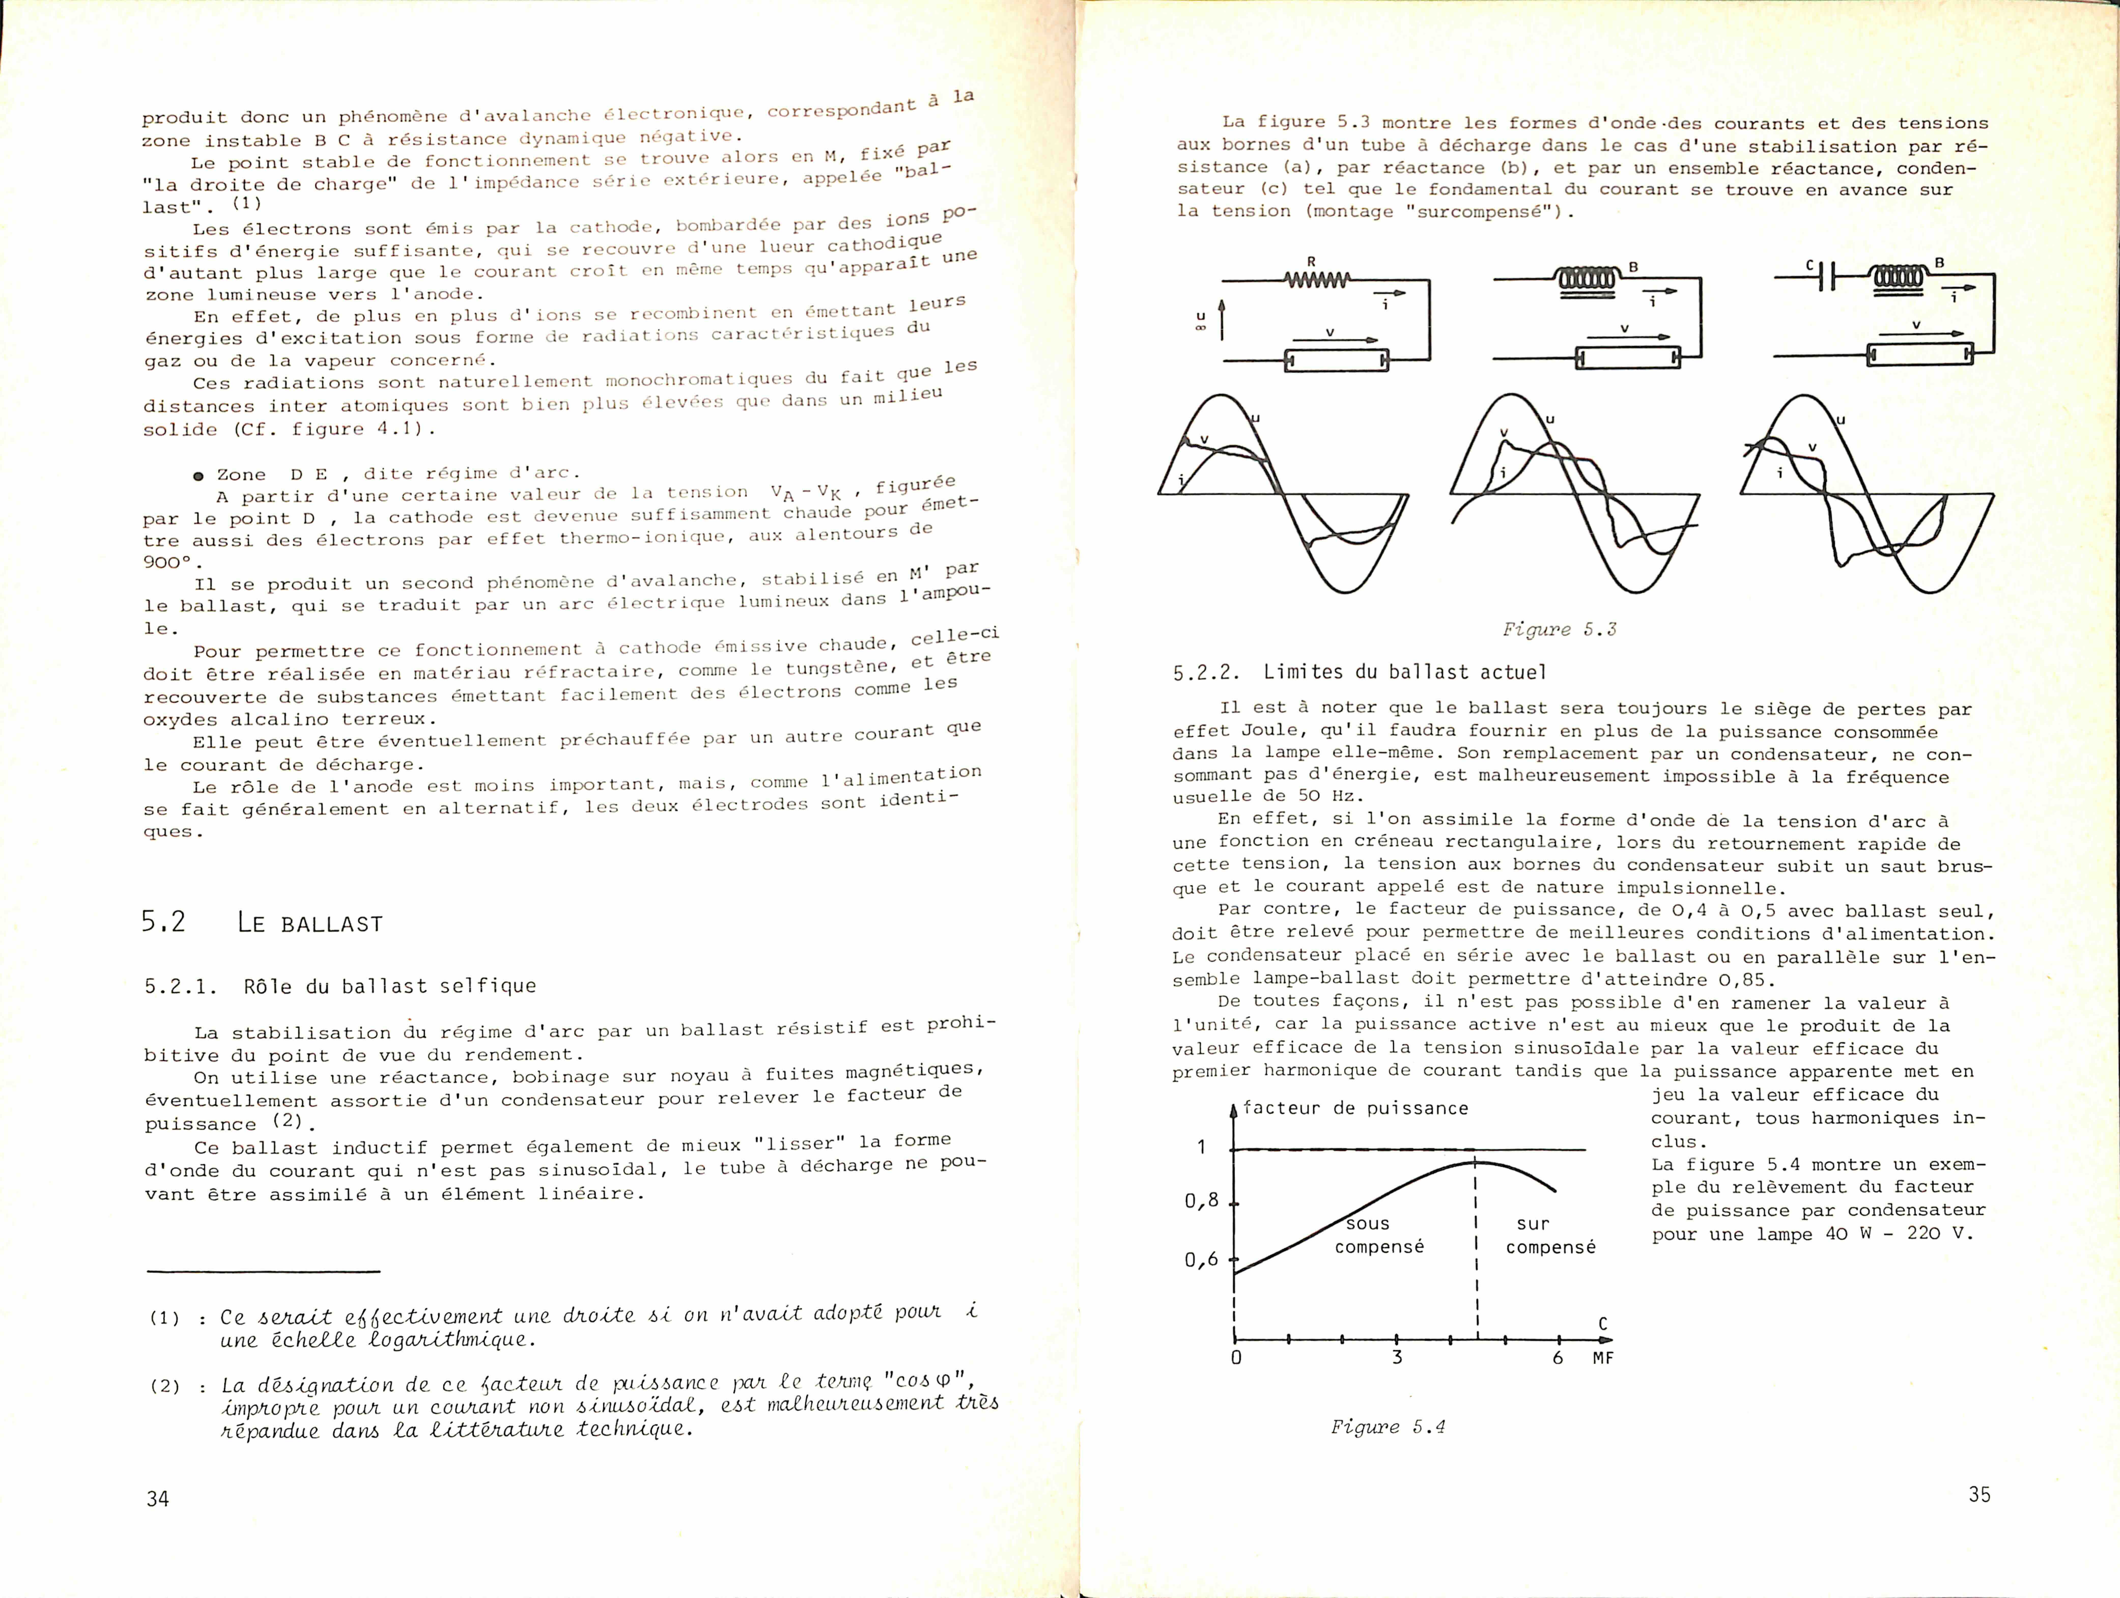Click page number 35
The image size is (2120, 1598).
[x=1979, y=1494]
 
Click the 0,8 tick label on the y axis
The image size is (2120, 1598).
[x=1201, y=1200]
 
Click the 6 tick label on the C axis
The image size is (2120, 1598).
[x=1557, y=1357]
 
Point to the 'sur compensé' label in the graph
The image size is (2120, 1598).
[x=1550, y=1235]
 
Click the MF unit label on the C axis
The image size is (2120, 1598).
[x=1602, y=1358]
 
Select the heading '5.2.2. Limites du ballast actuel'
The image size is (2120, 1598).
[x=1359, y=672]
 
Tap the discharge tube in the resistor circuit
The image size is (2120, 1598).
[x=1335, y=360]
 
